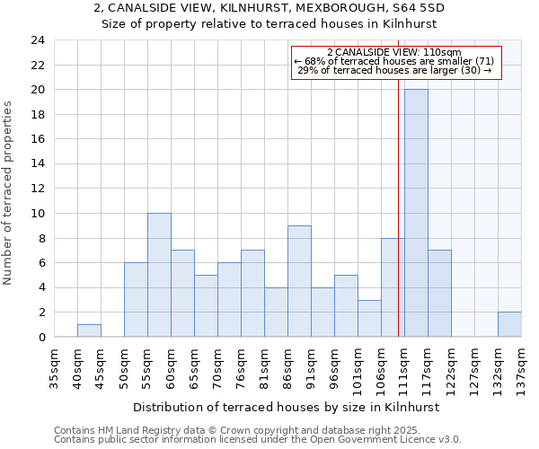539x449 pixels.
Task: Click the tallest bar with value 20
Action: (416, 213)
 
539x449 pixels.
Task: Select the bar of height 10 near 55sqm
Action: (159, 275)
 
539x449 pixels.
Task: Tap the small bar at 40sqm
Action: (89, 330)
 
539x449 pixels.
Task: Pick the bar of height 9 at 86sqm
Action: (299, 281)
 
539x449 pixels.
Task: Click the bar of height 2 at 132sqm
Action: (509, 324)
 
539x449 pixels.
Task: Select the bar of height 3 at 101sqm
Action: (369, 318)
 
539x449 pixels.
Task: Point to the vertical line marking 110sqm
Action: (398, 207)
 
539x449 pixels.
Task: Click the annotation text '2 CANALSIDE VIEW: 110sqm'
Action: (393, 53)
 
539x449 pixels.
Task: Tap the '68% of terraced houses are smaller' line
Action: (393, 61)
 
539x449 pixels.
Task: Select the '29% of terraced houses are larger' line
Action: (393, 70)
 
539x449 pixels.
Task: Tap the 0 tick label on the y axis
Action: (41, 338)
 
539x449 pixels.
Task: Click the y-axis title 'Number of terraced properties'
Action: (8, 193)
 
